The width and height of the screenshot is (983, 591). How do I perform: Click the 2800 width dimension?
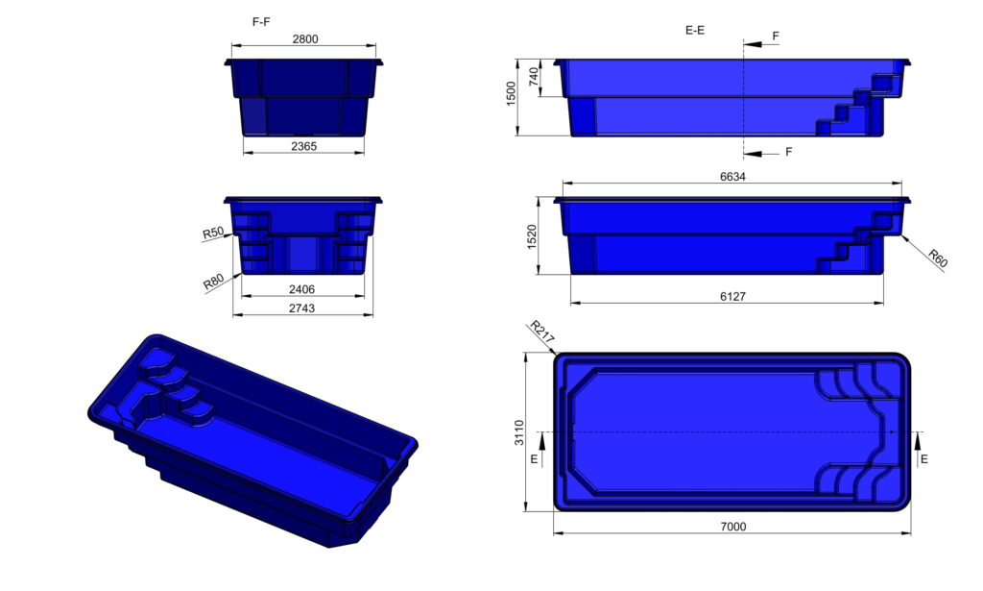305,38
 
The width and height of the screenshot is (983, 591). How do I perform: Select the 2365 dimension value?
304,146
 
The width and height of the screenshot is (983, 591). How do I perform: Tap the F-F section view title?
261,22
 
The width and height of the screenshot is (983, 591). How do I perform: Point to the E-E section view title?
695,30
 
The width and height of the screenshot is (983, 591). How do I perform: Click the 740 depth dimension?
534,77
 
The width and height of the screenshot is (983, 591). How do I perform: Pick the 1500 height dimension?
511,93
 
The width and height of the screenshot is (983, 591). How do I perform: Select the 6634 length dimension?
732,177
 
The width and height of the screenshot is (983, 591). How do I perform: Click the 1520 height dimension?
532,237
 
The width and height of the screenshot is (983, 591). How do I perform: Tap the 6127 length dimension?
732,296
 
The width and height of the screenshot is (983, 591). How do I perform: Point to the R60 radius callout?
938,258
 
